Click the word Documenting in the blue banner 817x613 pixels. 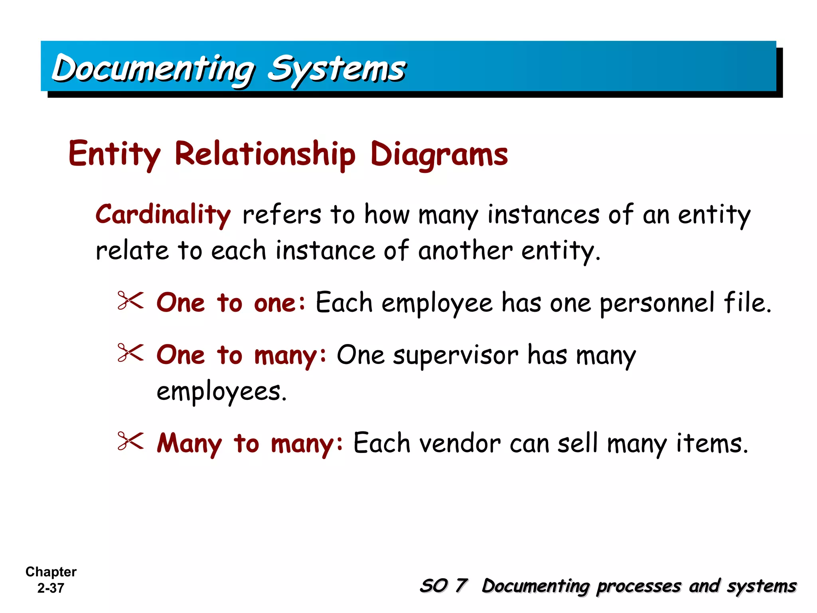point(154,69)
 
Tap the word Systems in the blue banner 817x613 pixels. point(336,69)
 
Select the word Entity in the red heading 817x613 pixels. point(114,155)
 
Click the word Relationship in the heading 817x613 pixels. point(265,155)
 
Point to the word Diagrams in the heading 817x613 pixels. point(439,155)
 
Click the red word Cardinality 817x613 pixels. point(163,215)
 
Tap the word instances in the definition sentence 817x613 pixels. point(543,215)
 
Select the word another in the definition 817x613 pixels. point(465,251)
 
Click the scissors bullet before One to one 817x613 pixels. point(130,301)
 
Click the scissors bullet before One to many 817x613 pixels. point(130,353)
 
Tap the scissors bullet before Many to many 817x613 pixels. point(130,442)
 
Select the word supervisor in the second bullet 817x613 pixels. point(456,355)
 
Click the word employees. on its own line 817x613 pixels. point(221,392)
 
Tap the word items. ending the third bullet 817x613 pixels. point(712,443)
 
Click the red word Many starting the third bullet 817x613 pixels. point(189,443)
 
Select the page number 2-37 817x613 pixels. point(51,588)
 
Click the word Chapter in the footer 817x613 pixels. point(51,572)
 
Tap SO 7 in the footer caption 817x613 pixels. point(443,586)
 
